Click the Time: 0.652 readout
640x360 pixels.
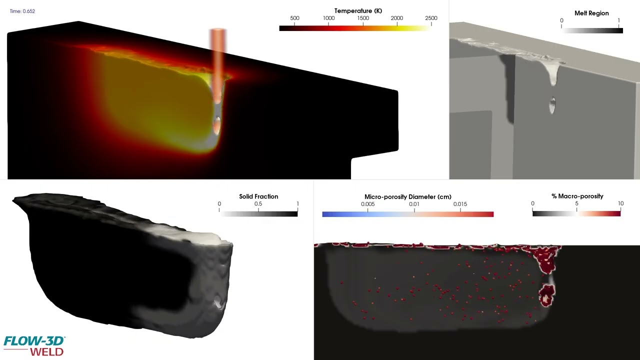(22, 11)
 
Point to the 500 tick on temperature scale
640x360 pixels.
(294, 18)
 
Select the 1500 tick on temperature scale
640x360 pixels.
(363, 18)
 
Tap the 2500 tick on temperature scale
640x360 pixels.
(430, 18)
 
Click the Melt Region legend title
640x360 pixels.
(591, 13)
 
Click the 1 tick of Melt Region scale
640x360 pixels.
(619, 20)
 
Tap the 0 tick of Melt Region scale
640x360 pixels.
(561, 20)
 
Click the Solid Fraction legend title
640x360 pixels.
(258, 196)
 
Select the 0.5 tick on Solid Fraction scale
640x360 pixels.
(258, 204)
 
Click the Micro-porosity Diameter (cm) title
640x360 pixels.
(408, 197)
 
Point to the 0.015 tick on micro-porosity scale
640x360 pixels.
(460, 204)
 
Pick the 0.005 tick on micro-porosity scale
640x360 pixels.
(367, 204)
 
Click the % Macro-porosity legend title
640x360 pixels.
(577, 196)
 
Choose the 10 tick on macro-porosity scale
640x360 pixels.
(620, 203)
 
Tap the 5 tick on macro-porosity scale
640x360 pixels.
(576, 203)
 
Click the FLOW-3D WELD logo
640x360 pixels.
(34, 345)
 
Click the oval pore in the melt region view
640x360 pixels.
(552, 105)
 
